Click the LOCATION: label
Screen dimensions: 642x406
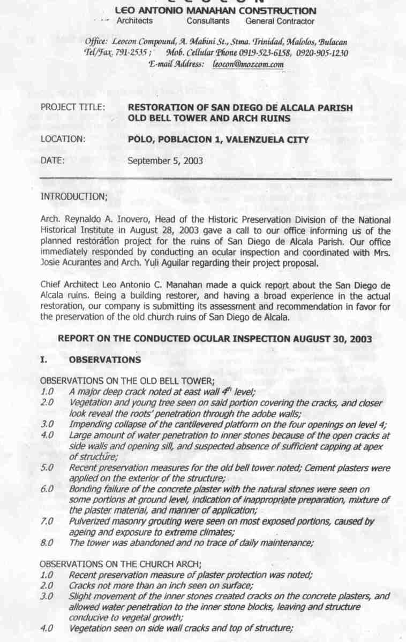[x=63, y=140]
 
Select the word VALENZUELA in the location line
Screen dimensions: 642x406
[x=255, y=140]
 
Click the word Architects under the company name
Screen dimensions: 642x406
[x=134, y=21]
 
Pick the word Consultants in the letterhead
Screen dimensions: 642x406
[x=208, y=21]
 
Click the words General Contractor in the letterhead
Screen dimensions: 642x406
[x=280, y=21]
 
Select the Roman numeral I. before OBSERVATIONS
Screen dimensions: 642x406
[x=44, y=360]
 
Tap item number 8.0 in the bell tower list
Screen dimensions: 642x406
[x=47, y=543]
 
